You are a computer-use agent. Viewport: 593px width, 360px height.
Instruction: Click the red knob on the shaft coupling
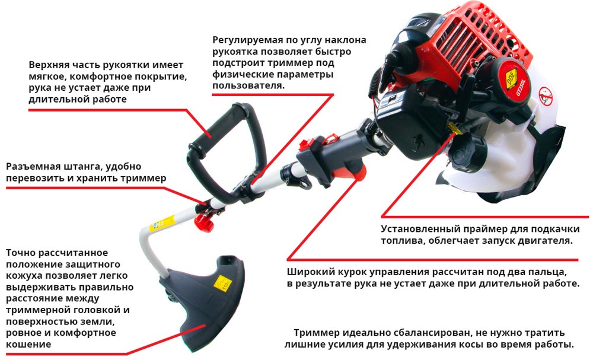[203, 222]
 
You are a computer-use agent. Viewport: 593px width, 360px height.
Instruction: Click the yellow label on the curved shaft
[162, 223]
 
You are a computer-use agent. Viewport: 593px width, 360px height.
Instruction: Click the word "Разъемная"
[33, 167]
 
